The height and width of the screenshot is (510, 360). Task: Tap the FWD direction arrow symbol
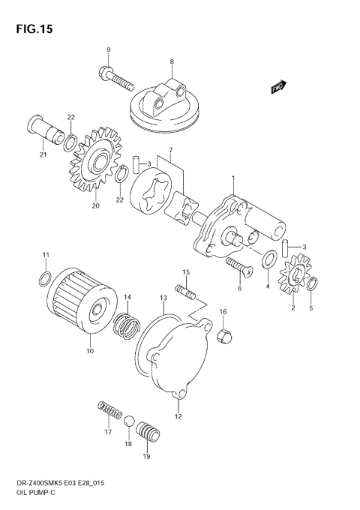280,87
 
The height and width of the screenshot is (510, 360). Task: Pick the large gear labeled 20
96,158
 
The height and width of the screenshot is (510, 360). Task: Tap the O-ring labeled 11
44,280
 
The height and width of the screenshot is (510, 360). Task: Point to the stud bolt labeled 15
185,288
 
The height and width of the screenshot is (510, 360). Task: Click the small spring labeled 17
109,412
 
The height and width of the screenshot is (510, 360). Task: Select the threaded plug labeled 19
148,435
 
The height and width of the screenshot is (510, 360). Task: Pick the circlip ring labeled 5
313,283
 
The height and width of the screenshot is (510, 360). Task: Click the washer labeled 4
268,260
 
